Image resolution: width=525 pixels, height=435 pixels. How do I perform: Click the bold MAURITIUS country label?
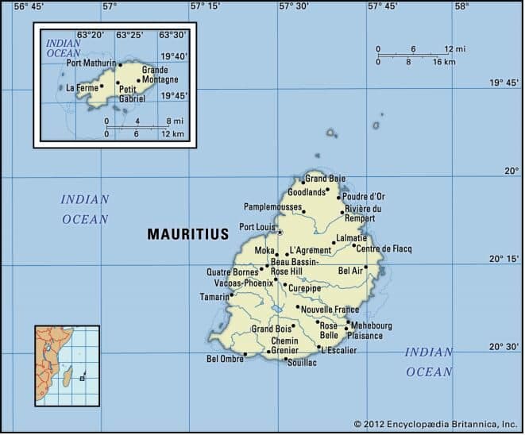click(x=187, y=234)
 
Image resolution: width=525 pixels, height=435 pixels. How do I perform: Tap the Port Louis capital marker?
click(x=280, y=232)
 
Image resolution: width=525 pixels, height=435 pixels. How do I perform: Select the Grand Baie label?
click(x=326, y=179)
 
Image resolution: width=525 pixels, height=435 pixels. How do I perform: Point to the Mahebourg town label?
click(x=372, y=325)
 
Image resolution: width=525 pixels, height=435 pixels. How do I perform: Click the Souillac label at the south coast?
click(x=301, y=363)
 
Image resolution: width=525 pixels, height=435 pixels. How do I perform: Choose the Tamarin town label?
click(x=214, y=297)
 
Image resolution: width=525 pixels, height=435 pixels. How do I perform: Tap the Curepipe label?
click(x=305, y=287)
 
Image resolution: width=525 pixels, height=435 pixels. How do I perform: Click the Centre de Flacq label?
click(x=384, y=248)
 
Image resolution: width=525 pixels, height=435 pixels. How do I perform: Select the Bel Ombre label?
click(x=225, y=359)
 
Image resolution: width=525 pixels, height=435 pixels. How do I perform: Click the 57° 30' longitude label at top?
click(x=293, y=6)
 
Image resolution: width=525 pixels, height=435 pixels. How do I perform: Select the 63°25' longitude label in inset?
click(x=129, y=35)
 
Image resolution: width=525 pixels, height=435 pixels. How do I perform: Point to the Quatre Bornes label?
click(x=231, y=271)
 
